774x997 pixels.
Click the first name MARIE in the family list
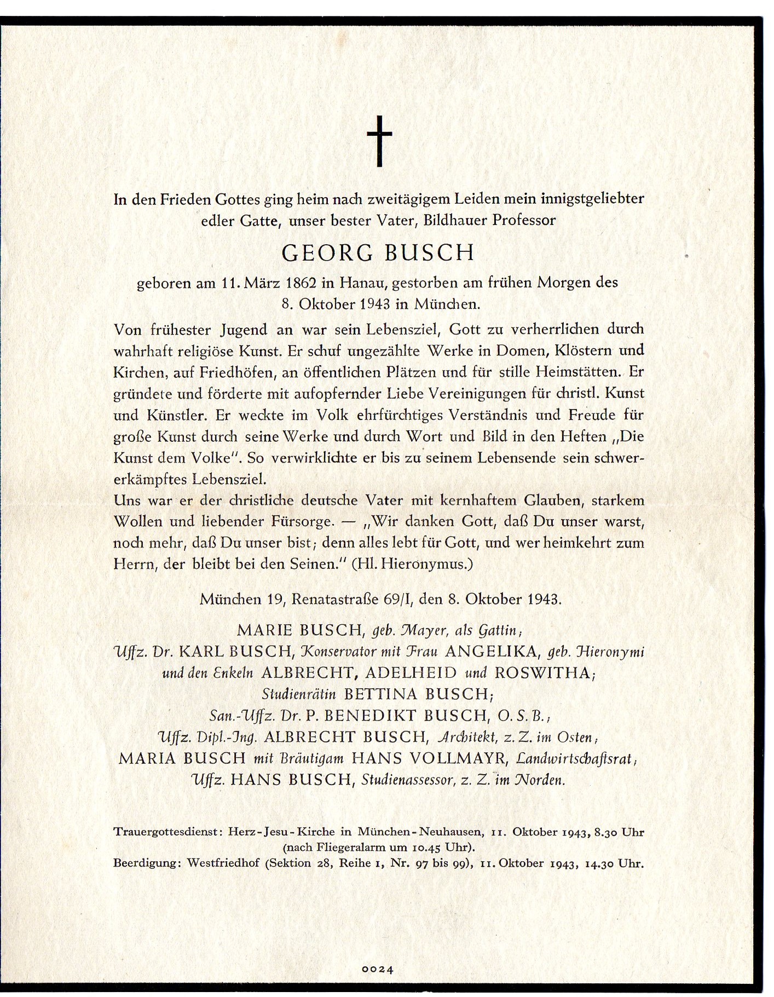point(267,631)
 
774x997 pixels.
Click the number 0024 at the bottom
point(378,969)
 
